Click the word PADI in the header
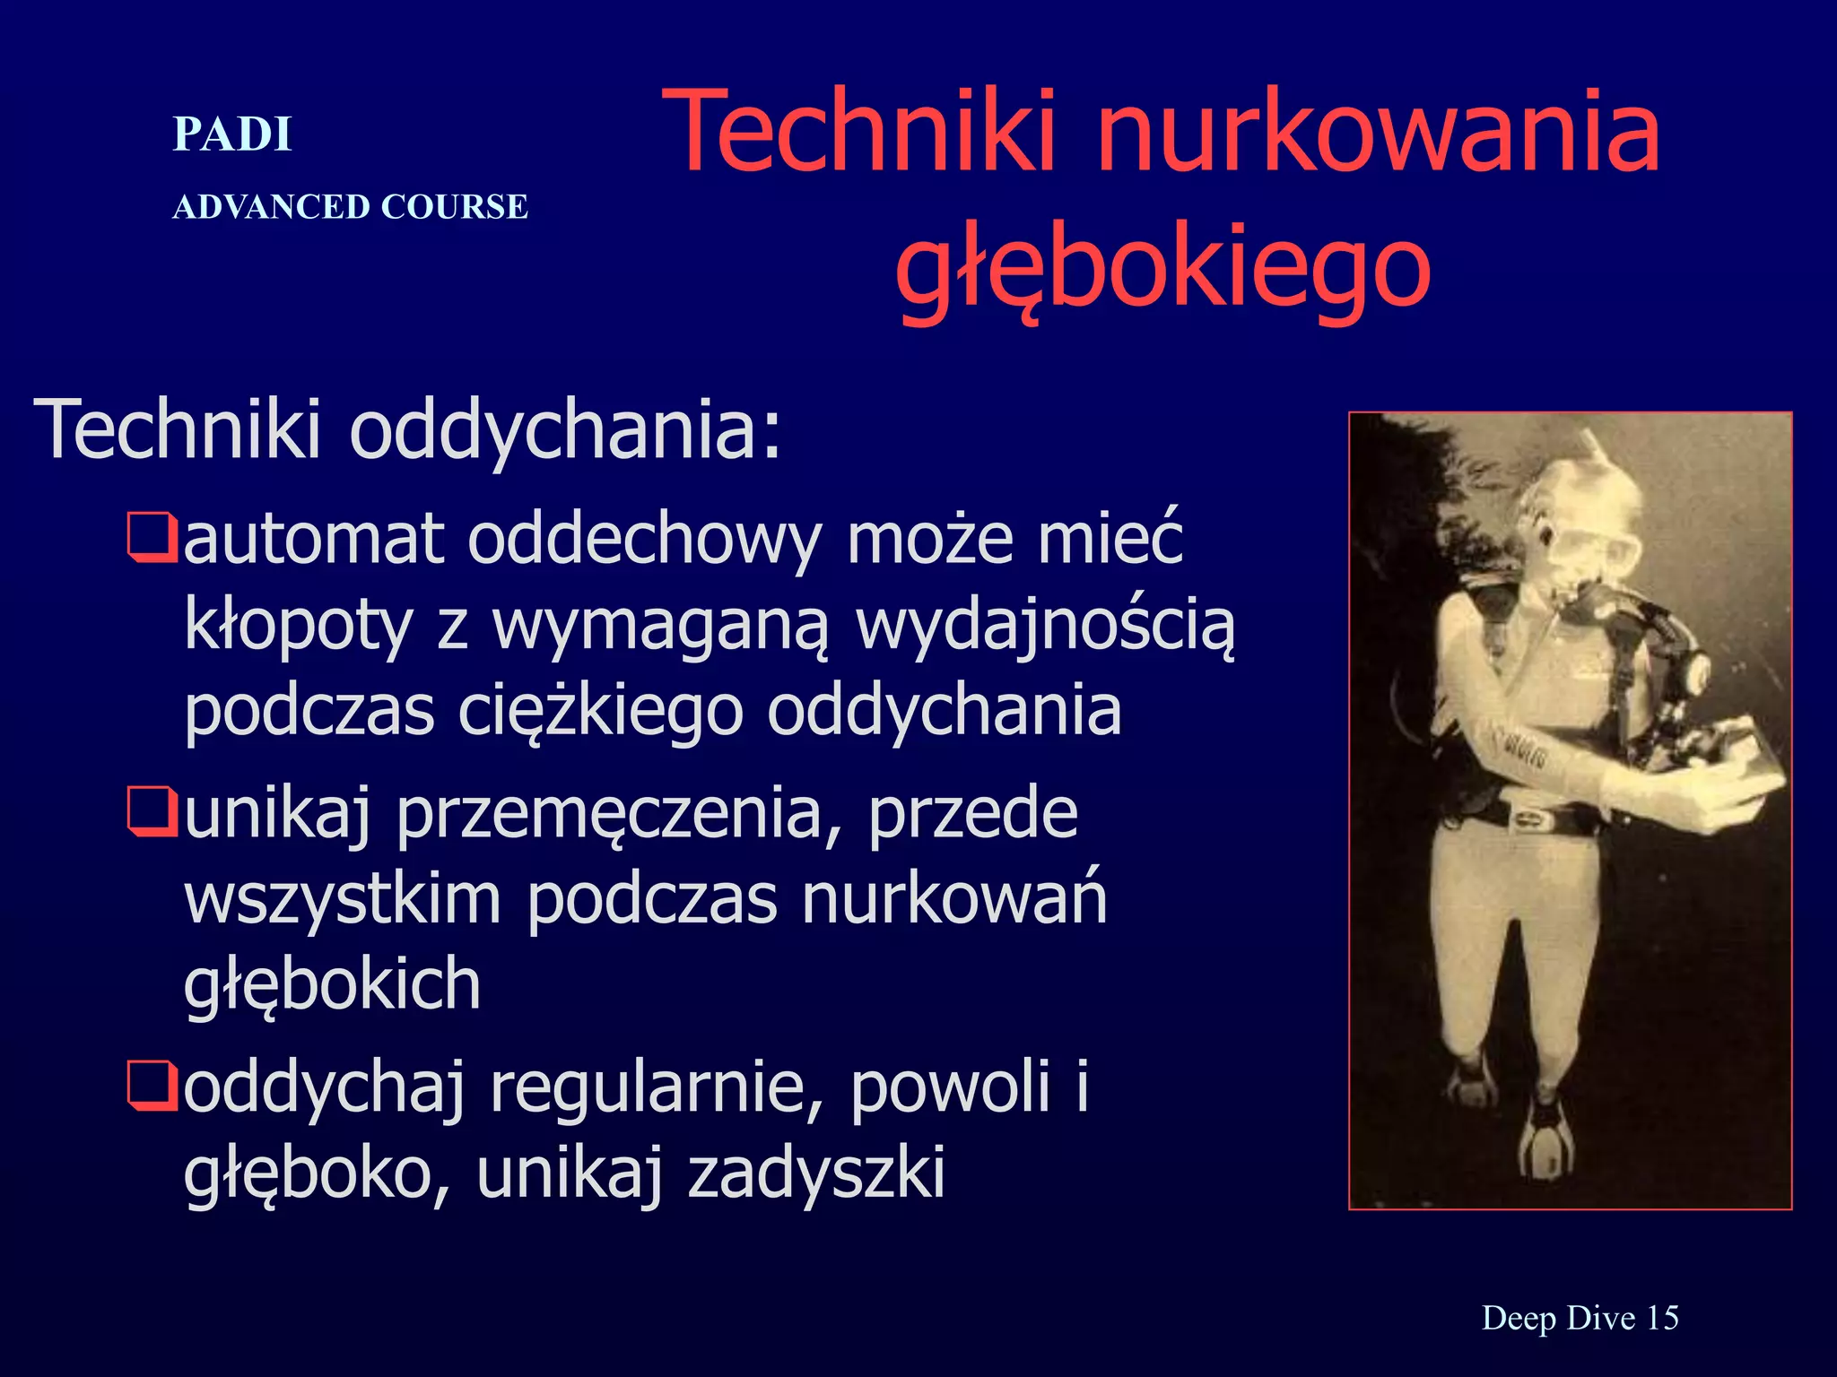pos(232,135)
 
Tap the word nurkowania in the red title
pos(1379,132)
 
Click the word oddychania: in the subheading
pos(565,429)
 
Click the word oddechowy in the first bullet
pos(644,540)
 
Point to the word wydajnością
pos(1045,626)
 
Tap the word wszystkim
pos(343,899)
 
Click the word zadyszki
pos(816,1173)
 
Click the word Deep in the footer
pos(1518,1318)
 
